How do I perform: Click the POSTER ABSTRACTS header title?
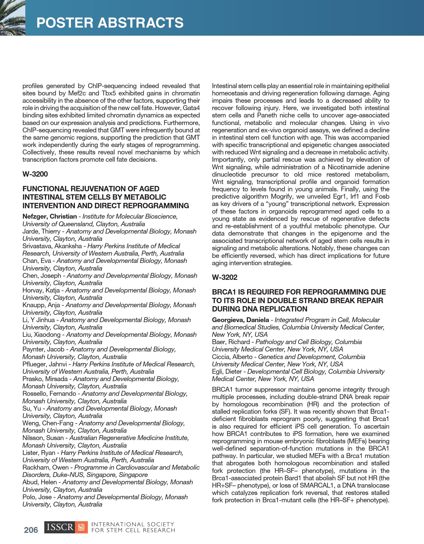(110, 23)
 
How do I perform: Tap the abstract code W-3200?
(35, 174)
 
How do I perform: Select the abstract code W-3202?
(225, 277)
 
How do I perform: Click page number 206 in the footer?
(31, 530)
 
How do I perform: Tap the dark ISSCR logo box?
(60, 527)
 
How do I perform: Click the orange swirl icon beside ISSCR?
(82, 527)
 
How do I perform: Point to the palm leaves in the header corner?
(11, 18)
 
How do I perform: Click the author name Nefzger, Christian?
(50, 217)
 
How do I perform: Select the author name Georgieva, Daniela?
(240, 320)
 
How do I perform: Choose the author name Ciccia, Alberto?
(232, 357)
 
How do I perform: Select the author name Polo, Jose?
(37, 497)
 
